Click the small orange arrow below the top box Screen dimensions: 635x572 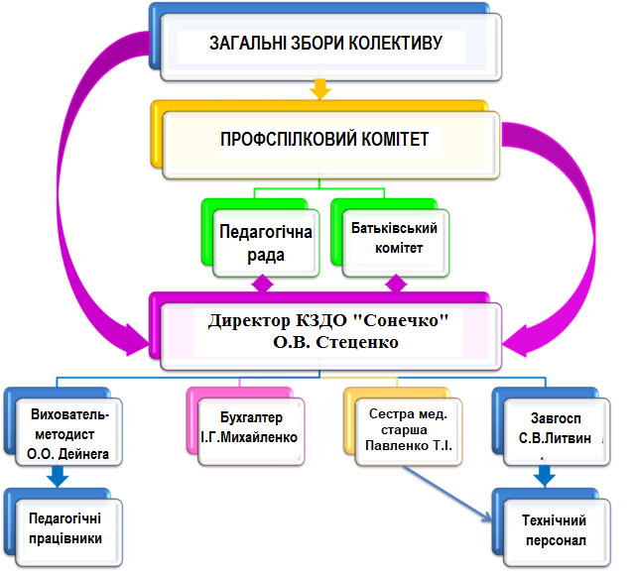click(x=319, y=89)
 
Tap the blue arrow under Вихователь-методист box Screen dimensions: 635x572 click(x=58, y=477)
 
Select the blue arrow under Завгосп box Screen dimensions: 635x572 click(x=545, y=477)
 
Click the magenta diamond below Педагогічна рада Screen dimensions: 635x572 click(x=262, y=284)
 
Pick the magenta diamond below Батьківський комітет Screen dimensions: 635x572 click(x=396, y=284)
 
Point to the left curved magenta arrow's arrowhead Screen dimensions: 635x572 click(x=136, y=341)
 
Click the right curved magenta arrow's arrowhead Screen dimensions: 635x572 click(x=515, y=341)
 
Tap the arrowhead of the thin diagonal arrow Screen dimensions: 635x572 click(x=488, y=516)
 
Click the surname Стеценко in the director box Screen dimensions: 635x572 click(x=357, y=342)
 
